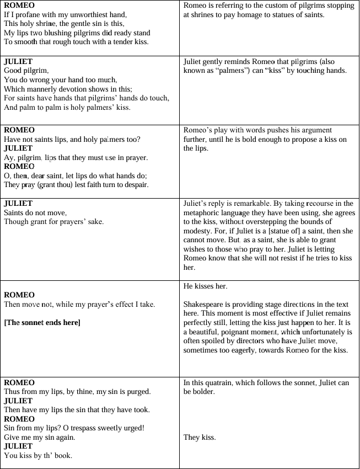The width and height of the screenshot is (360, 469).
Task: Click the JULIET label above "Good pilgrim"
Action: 18,61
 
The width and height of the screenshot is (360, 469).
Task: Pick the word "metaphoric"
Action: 202,212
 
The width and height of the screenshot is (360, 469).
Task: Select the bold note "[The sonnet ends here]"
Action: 42,322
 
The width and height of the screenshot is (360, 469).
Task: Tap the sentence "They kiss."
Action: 199,437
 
